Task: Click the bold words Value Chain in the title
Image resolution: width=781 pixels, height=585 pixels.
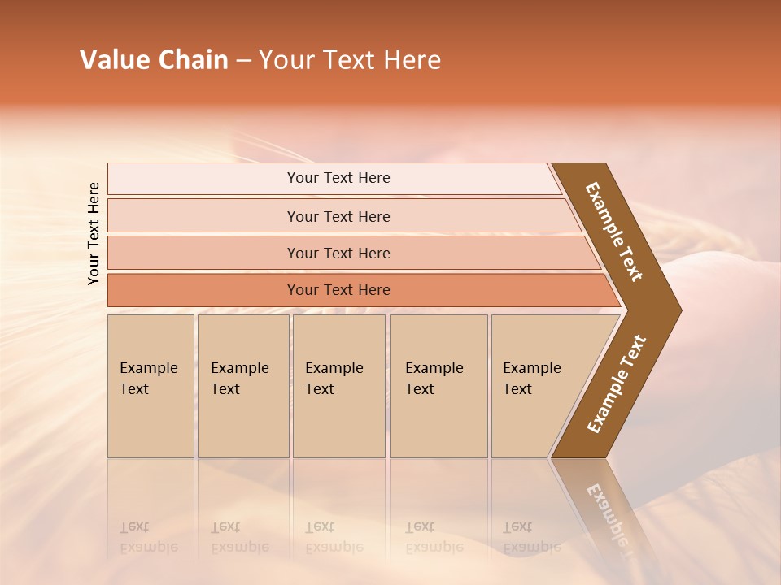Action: pyautogui.click(x=154, y=60)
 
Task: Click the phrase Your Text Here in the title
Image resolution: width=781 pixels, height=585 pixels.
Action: pyautogui.click(x=350, y=60)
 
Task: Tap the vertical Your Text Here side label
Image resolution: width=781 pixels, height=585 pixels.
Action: pyautogui.click(x=94, y=233)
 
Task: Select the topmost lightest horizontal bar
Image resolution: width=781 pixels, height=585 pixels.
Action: pyautogui.click(x=338, y=178)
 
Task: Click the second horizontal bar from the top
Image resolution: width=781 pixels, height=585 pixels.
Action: pyautogui.click(x=338, y=216)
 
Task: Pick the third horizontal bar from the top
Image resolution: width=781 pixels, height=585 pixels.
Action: pyautogui.click(x=338, y=253)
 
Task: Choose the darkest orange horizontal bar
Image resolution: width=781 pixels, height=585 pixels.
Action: pyautogui.click(x=338, y=290)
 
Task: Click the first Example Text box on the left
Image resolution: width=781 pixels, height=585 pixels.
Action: pyautogui.click(x=151, y=386)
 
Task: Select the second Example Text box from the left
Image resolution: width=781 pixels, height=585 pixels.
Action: pyautogui.click(x=242, y=386)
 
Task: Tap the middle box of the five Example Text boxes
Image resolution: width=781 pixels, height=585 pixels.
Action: pyautogui.click(x=338, y=386)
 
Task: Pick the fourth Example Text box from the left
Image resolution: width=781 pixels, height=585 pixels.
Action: pyautogui.click(x=438, y=386)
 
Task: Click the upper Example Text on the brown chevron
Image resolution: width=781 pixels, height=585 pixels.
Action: pyautogui.click(x=614, y=232)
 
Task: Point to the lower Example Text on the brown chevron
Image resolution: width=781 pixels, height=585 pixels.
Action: pyautogui.click(x=617, y=384)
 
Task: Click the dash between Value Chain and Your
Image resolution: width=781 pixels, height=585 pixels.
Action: pyautogui.click(x=243, y=61)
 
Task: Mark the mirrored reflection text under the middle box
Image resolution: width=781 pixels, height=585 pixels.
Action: pyautogui.click(x=334, y=537)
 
